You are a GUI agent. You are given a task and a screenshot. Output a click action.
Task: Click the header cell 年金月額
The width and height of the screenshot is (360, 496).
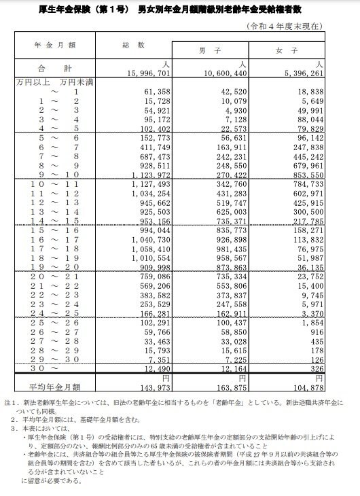[56, 44]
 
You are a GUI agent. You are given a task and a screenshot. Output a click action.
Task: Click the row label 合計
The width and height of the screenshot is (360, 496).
[56, 68]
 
